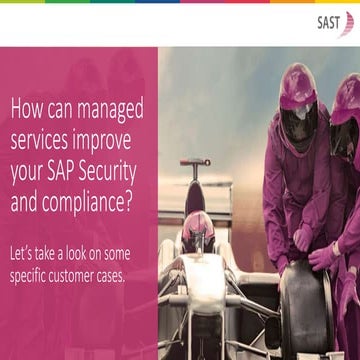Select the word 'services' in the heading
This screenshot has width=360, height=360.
(x=46, y=133)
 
